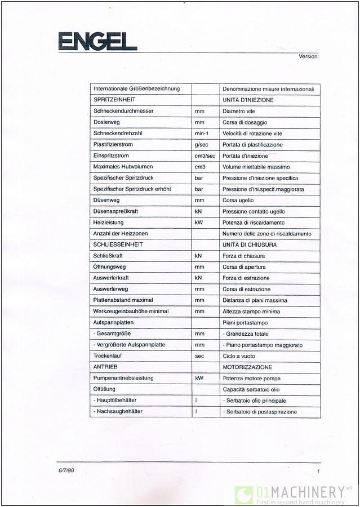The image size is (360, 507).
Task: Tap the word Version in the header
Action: tap(309, 56)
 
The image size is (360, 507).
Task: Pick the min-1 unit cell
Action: tap(202, 134)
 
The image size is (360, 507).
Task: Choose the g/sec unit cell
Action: tap(202, 145)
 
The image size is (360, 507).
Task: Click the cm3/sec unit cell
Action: tap(205, 155)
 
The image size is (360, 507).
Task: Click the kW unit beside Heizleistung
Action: tap(198, 223)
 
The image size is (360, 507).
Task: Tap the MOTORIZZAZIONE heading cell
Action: tap(247, 367)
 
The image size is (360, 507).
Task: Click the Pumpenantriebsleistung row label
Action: tap(123, 378)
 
